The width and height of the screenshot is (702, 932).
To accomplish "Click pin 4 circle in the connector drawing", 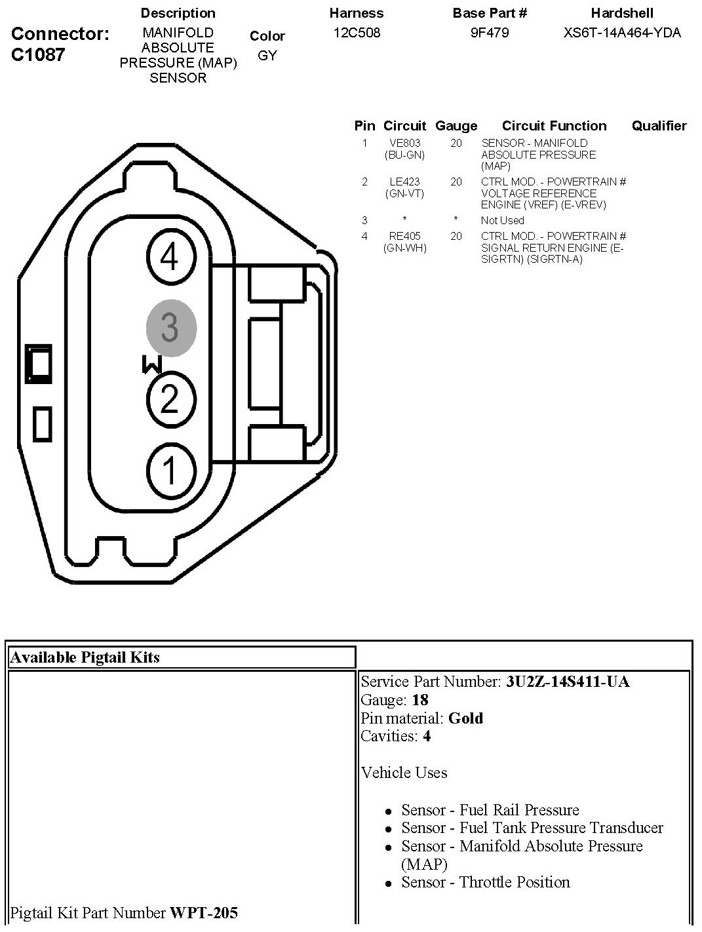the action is point(171,256).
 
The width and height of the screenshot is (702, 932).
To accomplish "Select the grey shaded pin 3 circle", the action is point(171,328).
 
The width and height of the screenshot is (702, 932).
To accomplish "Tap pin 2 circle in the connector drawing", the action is point(171,399).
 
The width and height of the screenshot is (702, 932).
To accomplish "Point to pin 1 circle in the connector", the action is point(171,471).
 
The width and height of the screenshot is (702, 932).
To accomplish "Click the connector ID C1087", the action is point(38,54).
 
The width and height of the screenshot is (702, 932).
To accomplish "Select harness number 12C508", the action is point(357,33).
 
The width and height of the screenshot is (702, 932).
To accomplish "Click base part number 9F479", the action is point(490,33).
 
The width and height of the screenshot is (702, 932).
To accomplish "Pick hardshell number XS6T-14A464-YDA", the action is point(622,33).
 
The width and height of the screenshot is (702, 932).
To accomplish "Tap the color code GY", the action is point(267,55).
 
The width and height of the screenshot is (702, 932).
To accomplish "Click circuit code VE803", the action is point(404,143).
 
